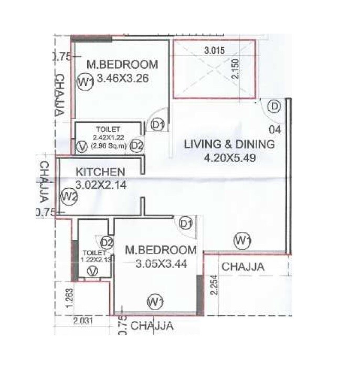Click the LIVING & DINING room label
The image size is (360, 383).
229,144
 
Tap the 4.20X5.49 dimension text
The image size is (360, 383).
229,157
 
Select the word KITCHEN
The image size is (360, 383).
100,172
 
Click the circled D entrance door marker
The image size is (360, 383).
274,106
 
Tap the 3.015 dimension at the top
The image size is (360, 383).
214,51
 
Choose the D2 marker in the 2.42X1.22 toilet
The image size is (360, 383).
136,145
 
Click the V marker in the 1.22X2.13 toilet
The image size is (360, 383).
93,271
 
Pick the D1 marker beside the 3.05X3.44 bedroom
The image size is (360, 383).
185,224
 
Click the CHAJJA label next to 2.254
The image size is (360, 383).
243,268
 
